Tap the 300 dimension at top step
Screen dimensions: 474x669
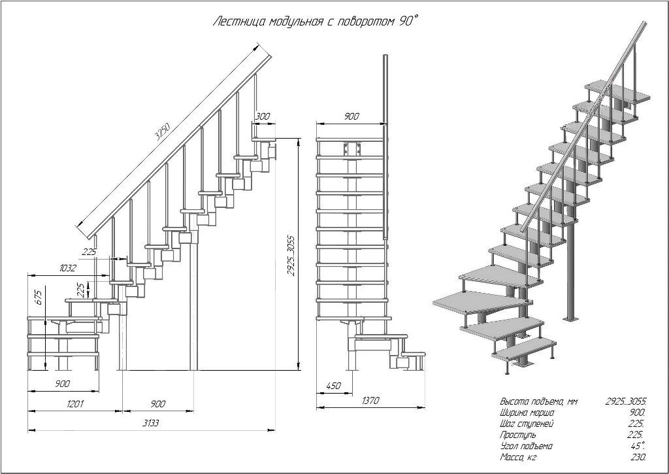263,116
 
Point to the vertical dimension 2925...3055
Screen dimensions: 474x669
292,254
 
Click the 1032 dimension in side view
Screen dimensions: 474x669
68,269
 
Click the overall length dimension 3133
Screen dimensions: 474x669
150,423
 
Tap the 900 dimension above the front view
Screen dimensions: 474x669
351,116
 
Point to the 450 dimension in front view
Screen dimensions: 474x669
333,386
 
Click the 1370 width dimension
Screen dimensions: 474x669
370,400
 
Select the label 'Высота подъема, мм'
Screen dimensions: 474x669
538,401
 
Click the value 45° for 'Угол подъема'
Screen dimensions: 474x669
638,446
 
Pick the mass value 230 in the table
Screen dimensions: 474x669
638,457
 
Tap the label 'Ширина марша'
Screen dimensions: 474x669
527,413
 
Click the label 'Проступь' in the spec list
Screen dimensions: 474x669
518,435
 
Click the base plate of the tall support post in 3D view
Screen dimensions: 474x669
570,318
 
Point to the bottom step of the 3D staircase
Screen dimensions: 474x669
525,349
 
